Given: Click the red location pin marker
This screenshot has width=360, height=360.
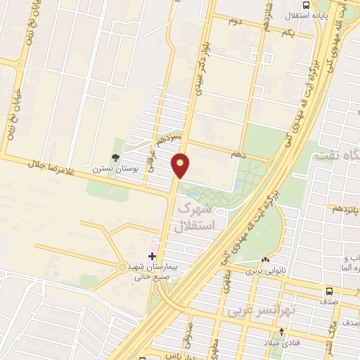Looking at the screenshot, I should [x=181, y=165].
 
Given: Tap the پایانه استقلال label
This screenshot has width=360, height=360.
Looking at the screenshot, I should [x=310, y=14].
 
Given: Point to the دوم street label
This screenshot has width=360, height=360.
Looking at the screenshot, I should [x=235, y=21].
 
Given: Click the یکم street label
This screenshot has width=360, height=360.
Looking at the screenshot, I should [x=286, y=34].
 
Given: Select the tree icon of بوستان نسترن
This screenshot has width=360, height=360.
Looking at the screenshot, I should [x=115, y=158].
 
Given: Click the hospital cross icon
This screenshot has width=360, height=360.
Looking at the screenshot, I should [x=152, y=255].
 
